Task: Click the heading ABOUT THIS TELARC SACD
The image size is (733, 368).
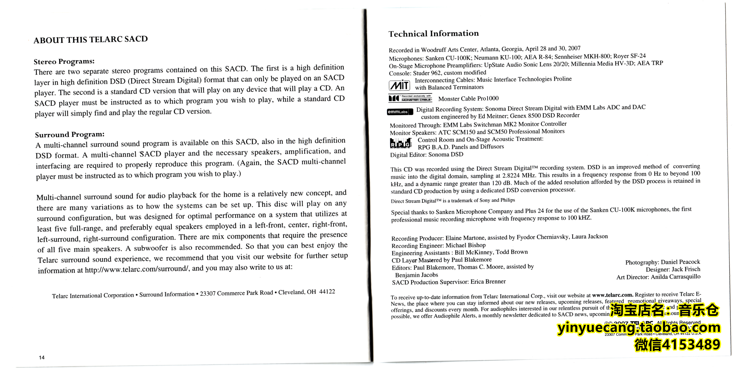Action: tap(90, 39)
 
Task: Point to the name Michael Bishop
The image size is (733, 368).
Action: tap(466, 245)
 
